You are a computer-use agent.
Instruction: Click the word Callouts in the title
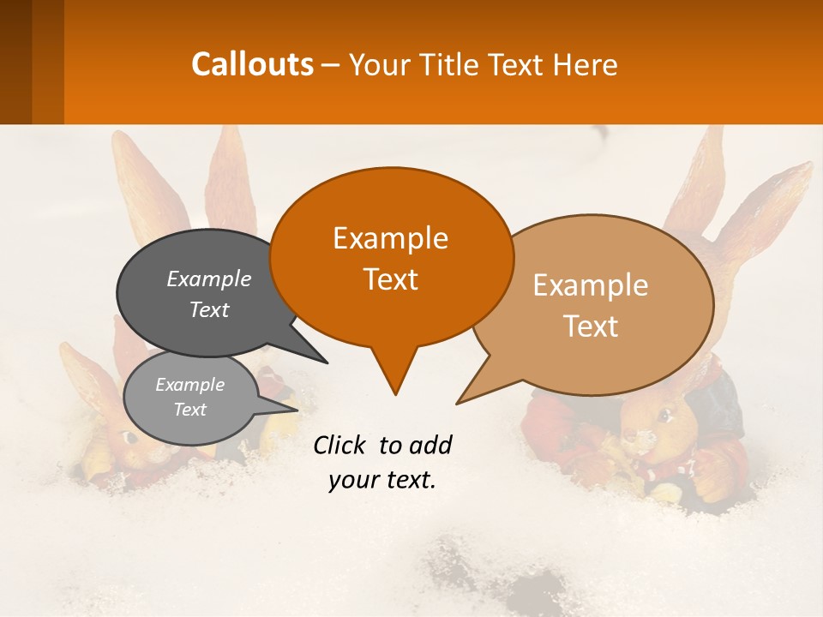tap(252, 64)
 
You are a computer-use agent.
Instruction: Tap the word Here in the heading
tap(585, 64)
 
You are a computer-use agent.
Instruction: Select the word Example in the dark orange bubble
tap(390, 238)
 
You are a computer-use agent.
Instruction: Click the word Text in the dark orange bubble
tap(390, 279)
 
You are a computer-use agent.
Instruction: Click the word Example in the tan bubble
tap(591, 285)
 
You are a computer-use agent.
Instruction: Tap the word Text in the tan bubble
tap(591, 326)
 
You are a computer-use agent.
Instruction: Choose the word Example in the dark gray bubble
tap(209, 279)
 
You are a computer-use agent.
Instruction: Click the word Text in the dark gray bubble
tap(209, 309)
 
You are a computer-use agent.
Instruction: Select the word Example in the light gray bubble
tap(189, 385)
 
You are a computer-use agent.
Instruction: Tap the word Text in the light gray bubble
tap(189, 410)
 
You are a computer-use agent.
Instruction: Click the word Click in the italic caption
tap(339, 445)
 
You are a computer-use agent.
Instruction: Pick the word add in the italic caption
tap(430, 445)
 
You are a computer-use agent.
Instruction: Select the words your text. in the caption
tap(382, 480)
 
